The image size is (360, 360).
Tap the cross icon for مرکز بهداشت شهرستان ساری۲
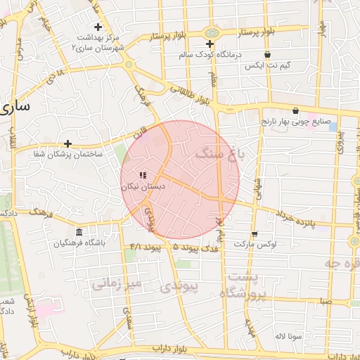(99, 27)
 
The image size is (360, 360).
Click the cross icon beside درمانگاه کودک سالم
(210, 44)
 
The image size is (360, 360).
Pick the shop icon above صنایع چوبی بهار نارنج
(295, 110)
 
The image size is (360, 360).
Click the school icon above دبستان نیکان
(143, 175)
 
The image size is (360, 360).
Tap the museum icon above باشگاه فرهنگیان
(79, 233)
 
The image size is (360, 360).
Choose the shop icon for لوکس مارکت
(254, 233)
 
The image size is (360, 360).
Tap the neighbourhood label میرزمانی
(117, 283)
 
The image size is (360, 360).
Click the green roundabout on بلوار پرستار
(210, 32)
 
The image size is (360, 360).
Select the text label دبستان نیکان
(143, 187)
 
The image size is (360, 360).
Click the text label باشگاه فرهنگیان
(79, 244)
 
